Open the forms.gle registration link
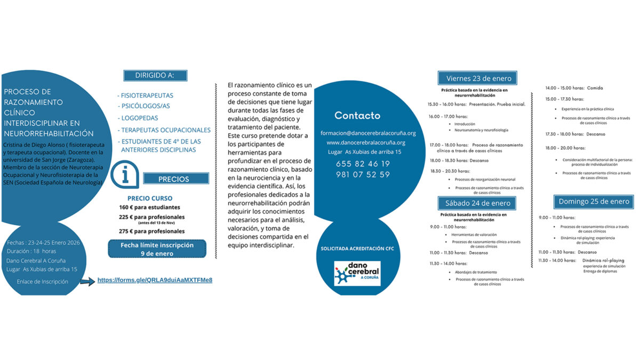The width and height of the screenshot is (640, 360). click(x=155, y=280)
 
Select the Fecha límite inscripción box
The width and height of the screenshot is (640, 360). click(x=157, y=249)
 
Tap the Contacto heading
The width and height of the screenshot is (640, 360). click(x=357, y=116)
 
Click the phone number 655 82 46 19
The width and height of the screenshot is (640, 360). click(x=363, y=164)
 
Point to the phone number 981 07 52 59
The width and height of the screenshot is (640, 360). click(x=363, y=174)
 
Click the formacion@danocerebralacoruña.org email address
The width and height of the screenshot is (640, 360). click(x=368, y=133)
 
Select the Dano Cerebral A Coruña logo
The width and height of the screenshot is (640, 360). click(x=357, y=273)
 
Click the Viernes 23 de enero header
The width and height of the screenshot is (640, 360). click(x=478, y=78)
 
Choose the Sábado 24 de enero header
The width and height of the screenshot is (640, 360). click(x=478, y=203)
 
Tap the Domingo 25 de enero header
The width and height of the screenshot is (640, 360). click(x=594, y=202)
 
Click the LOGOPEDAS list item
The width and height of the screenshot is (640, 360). click(x=139, y=118)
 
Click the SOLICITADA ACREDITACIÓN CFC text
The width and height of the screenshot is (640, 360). click(x=357, y=249)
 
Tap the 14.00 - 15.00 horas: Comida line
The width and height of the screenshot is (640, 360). click(x=574, y=88)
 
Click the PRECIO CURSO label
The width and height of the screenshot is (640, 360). click(x=149, y=198)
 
